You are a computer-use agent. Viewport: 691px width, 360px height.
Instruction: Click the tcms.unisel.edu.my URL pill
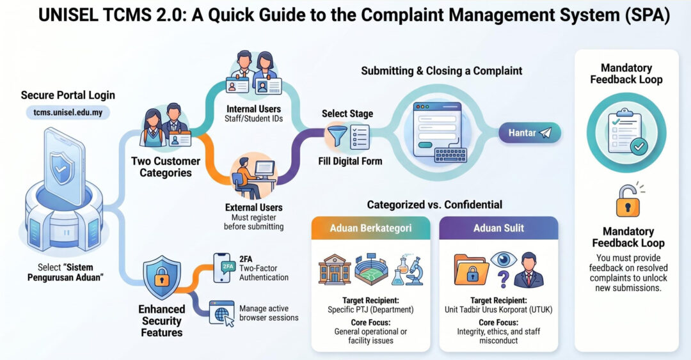click(x=68, y=113)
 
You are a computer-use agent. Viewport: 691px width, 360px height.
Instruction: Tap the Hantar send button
click(x=530, y=132)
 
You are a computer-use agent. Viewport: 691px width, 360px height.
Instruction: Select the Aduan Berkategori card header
click(x=370, y=228)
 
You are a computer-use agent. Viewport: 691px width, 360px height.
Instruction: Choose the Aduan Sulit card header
click(x=498, y=228)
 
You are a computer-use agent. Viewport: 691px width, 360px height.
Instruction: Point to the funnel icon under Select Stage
click(x=337, y=136)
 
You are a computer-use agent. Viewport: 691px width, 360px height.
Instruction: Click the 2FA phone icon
click(x=223, y=267)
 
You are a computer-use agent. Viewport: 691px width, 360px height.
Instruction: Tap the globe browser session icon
click(x=221, y=313)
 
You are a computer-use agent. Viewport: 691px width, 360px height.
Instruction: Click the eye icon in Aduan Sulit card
click(x=504, y=259)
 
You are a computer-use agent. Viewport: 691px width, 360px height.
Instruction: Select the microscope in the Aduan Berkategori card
click(x=414, y=271)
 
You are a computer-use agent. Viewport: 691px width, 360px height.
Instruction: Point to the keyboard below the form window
click(x=450, y=155)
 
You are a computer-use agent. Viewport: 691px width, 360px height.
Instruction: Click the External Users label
click(x=254, y=208)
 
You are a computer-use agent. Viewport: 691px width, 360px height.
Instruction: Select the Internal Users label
click(x=253, y=109)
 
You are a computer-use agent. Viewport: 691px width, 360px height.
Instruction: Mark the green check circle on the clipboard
click(x=639, y=146)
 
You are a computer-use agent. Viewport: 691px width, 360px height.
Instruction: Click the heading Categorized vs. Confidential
click(x=434, y=205)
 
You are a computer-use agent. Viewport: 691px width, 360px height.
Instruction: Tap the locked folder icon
click(x=471, y=269)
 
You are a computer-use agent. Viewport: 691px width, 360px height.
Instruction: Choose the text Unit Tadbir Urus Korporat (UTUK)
click(x=498, y=309)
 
